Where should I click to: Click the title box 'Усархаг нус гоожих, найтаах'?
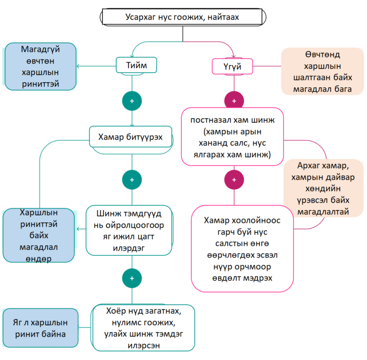pyautogui.click(x=183, y=18)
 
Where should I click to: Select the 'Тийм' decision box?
pyautogui.click(x=136, y=65)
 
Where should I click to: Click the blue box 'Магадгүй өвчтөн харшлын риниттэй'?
pyautogui.click(x=40, y=66)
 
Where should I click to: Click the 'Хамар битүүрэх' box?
pyautogui.click(x=130, y=137)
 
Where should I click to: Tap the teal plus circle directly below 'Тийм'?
pyautogui.click(x=132, y=101)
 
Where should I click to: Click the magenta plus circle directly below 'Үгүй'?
pyautogui.click(x=234, y=101)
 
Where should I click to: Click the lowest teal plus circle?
pyautogui.click(x=132, y=278)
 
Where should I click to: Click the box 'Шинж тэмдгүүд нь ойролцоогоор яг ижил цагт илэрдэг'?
pyautogui.click(x=129, y=230)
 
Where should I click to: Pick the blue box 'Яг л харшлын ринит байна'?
pyautogui.click(x=40, y=328)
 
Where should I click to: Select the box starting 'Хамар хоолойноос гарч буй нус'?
pyautogui.click(x=242, y=249)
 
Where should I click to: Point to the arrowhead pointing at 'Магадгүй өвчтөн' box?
pyautogui.click(x=78, y=66)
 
